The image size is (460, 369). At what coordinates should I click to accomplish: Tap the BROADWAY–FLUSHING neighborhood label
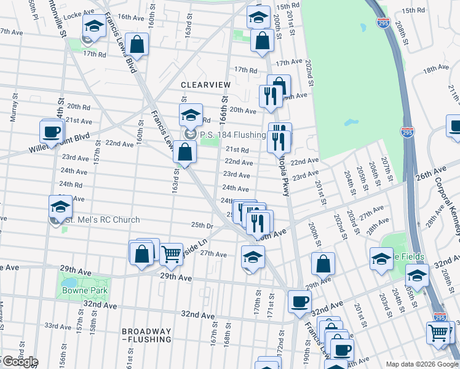coord(146,335)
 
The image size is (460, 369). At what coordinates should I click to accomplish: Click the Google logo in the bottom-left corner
coord(20,362)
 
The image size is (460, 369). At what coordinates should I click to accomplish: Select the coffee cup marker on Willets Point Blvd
coord(52,130)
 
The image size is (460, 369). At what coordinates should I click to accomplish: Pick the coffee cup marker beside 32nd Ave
coord(299,301)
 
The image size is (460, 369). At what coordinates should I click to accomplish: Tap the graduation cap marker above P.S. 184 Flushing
coord(191,114)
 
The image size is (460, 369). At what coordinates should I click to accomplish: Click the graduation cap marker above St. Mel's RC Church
coord(60,206)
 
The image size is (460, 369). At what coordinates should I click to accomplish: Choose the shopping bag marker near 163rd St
coord(184,151)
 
